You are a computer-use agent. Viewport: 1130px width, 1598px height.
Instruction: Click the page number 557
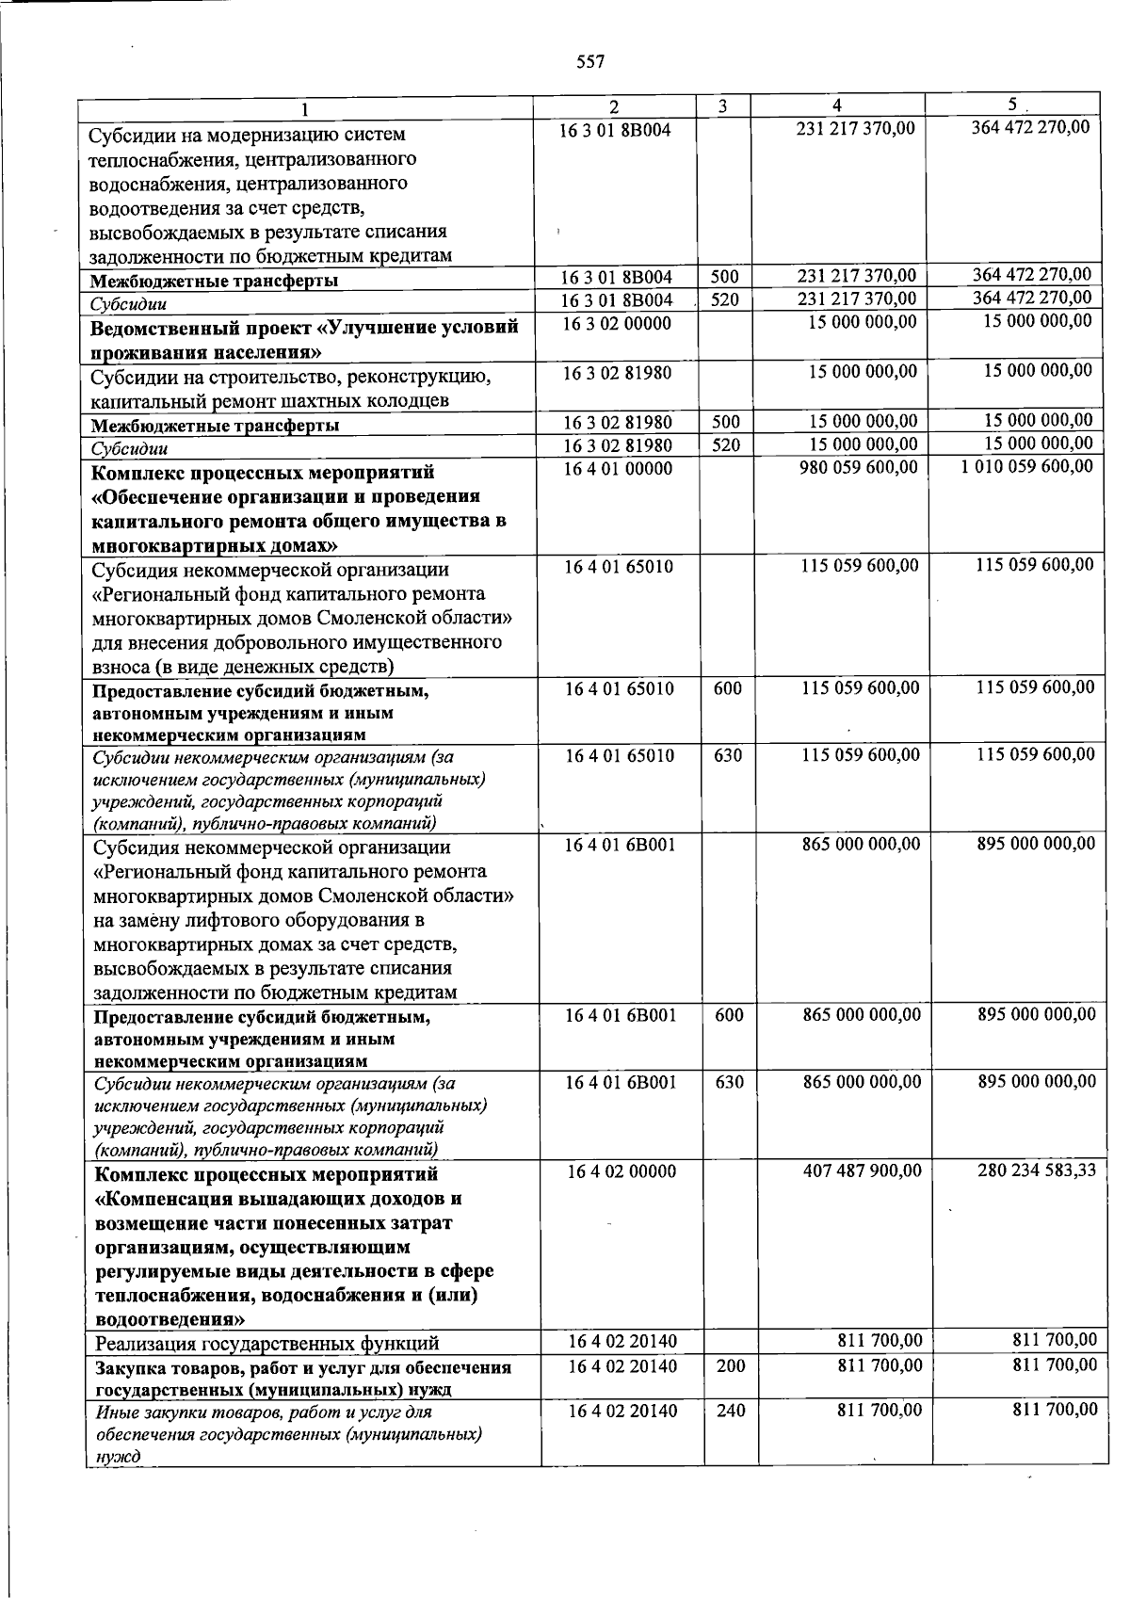589,62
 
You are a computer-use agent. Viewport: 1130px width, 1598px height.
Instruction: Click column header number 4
837,105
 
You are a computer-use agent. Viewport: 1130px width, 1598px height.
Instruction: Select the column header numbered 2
614,105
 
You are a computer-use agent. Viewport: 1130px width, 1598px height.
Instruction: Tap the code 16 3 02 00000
617,323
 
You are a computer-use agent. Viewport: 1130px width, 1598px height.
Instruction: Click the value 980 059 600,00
858,467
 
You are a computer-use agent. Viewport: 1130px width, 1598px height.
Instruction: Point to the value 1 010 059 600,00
1027,467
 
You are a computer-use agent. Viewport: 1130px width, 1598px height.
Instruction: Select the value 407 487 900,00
862,1170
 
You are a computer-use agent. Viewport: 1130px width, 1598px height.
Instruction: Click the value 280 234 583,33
1036,1170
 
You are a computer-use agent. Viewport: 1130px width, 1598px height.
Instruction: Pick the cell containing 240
731,1411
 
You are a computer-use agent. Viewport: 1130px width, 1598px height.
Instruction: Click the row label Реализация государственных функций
267,1343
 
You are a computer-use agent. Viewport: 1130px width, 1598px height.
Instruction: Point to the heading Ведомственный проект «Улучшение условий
304,329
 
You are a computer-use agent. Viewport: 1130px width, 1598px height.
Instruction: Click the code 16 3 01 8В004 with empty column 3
615,129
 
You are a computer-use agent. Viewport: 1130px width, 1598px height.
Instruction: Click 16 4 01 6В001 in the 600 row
621,1015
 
